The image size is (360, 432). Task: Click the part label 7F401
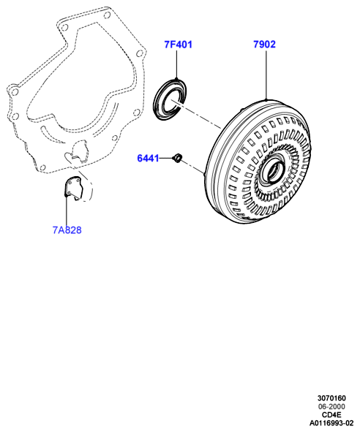pyautogui.click(x=178, y=45)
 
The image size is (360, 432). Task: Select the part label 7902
pyautogui.click(x=264, y=44)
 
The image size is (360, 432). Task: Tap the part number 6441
pyautogui.click(x=148, y=158)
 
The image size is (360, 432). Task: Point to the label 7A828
pyautogui.click(x=67, y=230)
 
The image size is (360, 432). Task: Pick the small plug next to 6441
pyautogui.click(x=177, y=158)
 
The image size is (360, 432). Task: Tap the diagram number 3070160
pyautogui.click(x=331, y=398)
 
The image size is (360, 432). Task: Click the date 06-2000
pyautogui.click(x=331, y=406)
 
